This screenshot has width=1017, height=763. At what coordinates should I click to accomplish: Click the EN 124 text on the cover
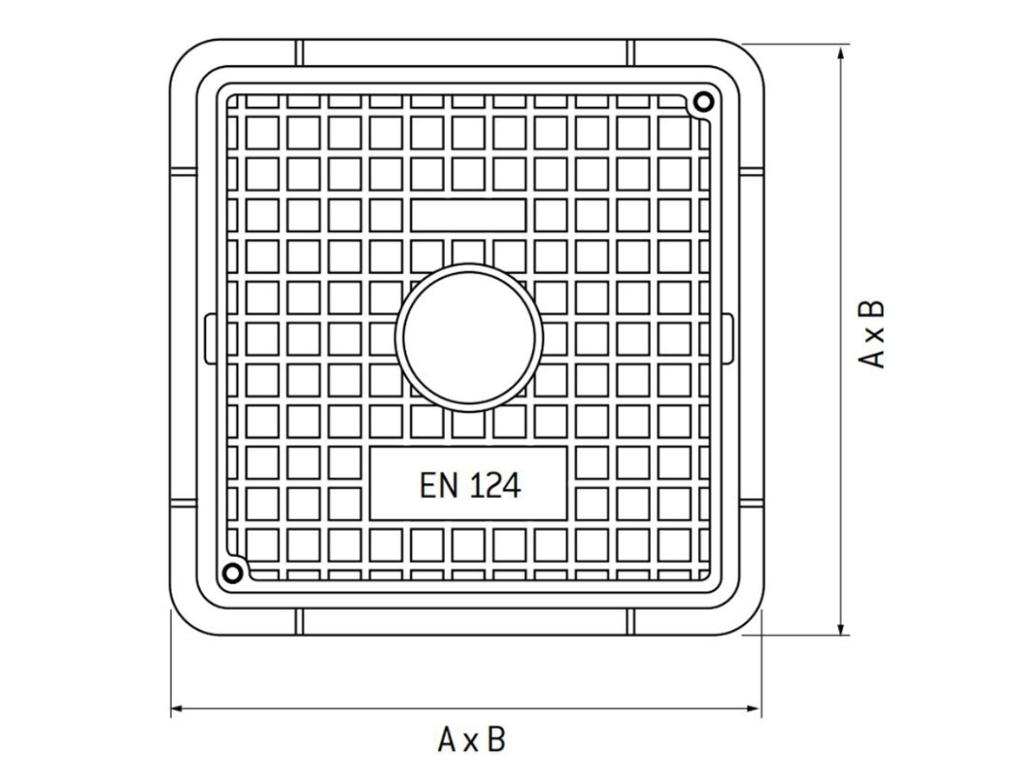pos(469,485)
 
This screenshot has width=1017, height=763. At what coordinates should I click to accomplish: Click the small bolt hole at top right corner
pos(703,102)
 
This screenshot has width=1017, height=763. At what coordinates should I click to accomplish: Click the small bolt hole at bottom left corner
pos(232,572)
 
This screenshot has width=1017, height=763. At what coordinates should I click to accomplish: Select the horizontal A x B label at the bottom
pos(471,740)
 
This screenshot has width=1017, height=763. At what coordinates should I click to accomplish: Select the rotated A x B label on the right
pos(872,335)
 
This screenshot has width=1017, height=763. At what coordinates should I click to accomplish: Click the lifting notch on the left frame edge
pos(208,336)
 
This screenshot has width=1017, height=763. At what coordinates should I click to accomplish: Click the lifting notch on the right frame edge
pos(729,336)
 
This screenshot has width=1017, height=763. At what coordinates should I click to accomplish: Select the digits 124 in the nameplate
pos(495,485)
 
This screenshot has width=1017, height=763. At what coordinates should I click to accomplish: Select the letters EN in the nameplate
pos(439,485)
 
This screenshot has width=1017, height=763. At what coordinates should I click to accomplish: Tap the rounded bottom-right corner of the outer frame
pos(748,620)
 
